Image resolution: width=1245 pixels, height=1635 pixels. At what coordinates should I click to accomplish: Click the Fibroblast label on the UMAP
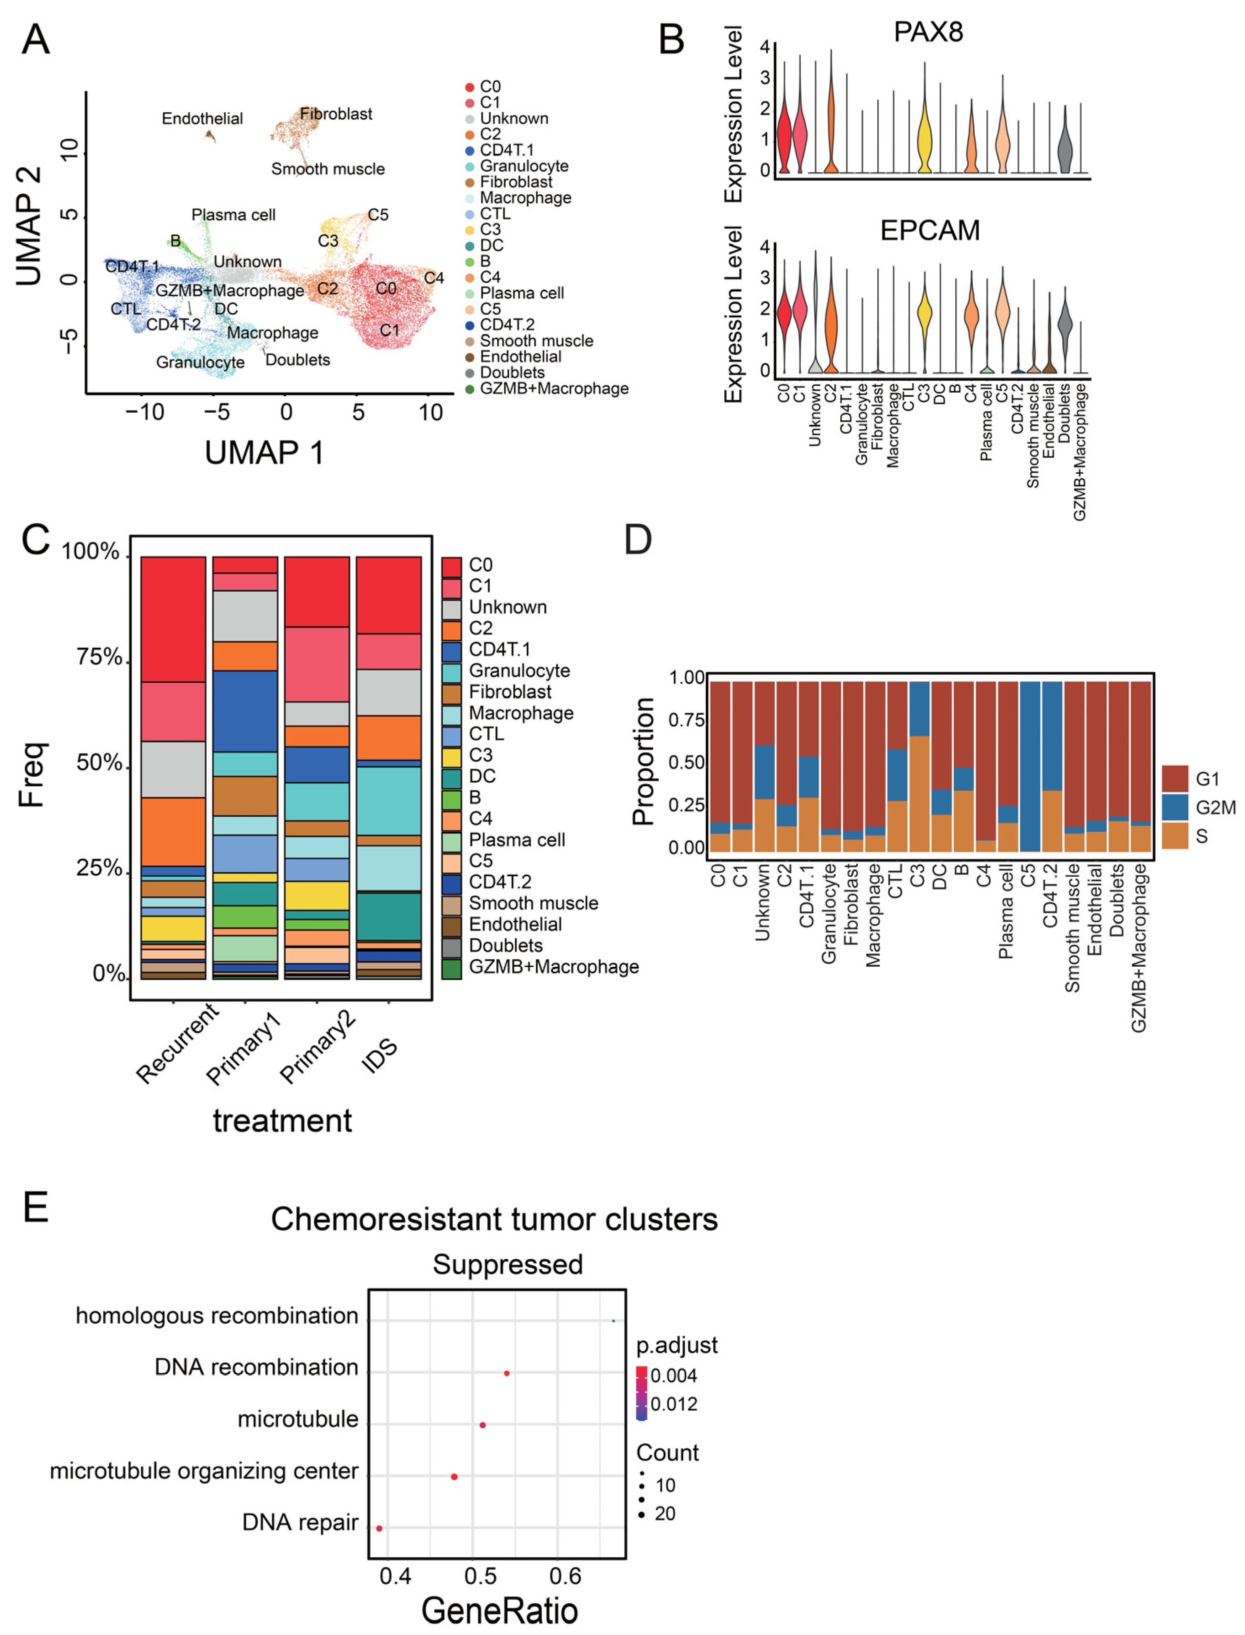coord(336,114)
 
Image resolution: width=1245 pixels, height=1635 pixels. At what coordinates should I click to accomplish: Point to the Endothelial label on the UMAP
coord(202,119)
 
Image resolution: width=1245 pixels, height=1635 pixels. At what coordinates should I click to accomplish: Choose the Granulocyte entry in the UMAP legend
coord(523,166)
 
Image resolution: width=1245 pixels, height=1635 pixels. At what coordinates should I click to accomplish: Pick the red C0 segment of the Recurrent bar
coord(174,619)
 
